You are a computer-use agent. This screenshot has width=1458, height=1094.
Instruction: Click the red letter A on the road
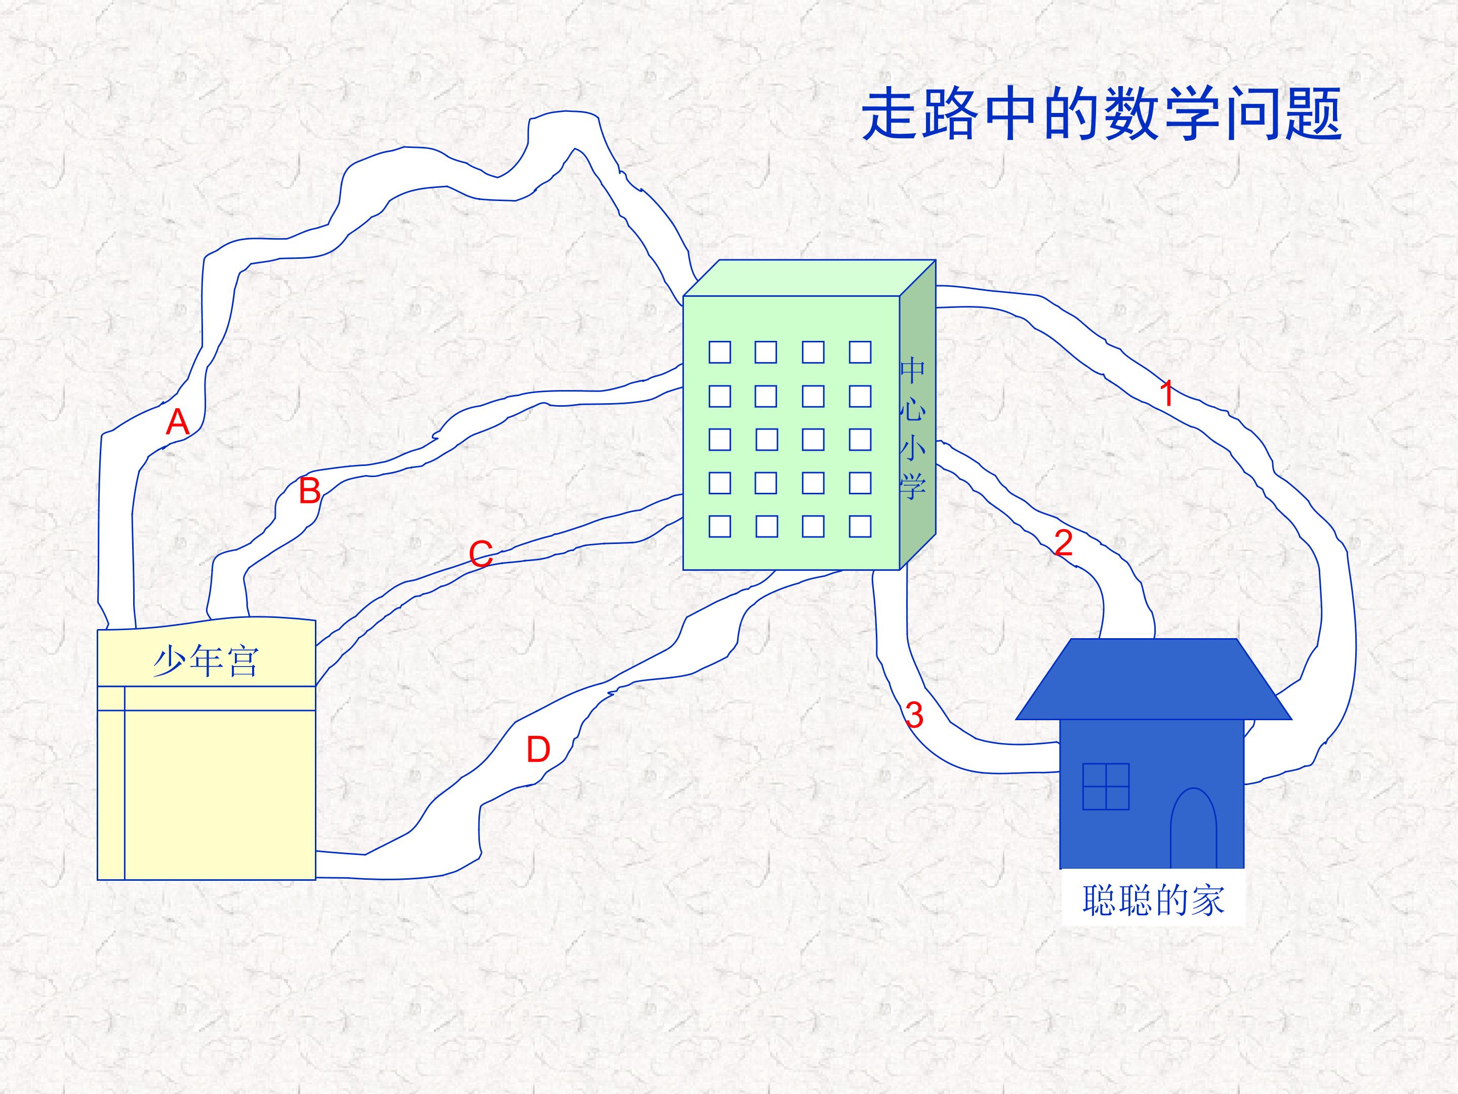(x=177, y=422)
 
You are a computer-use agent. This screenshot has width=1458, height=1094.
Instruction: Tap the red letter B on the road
(x=310, y=491)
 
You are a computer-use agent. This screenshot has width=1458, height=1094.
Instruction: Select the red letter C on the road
(x=481, y=554)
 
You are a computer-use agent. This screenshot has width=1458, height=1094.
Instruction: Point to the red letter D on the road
(x=538, y=750)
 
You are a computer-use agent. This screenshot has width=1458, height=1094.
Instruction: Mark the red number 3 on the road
(x=914, y=715)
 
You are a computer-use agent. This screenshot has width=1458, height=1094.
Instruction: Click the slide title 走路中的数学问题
(x=1102, y=115)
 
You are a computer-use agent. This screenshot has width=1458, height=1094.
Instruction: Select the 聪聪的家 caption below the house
(x=1153, y=900)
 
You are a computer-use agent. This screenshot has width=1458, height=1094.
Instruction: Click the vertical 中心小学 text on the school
(x=913, y=428)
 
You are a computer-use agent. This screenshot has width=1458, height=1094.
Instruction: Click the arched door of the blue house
(x=1193, y=828)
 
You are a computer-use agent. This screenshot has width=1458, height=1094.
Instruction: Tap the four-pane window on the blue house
(x=1106, y=787)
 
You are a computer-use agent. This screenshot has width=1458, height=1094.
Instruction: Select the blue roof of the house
(x=1153, y=679)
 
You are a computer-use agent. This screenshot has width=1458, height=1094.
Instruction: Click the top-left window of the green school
(x=720, y=352)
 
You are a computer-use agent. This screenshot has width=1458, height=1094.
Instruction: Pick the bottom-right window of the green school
(x=860, y=526)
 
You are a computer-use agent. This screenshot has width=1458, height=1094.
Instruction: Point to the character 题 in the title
(x=1313, y=115)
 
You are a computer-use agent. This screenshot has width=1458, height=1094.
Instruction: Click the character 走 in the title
(x=891, y=115)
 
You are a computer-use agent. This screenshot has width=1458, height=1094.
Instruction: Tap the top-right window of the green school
(x=860, y=352)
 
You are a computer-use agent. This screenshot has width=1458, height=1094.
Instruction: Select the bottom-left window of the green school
(x=720, y=526)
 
